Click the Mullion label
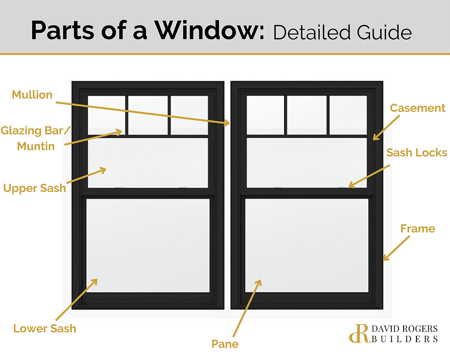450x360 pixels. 32,95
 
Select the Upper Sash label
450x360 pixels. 34,188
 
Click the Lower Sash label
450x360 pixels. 45,328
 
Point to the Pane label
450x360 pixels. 225,343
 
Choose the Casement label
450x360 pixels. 417,108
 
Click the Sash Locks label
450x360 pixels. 416,152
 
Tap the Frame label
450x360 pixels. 417,228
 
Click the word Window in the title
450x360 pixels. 208,31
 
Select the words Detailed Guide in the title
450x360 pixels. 342,32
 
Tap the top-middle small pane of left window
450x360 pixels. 147,115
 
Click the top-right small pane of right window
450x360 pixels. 348,115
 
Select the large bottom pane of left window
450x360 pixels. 147,245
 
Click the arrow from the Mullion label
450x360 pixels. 142,111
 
